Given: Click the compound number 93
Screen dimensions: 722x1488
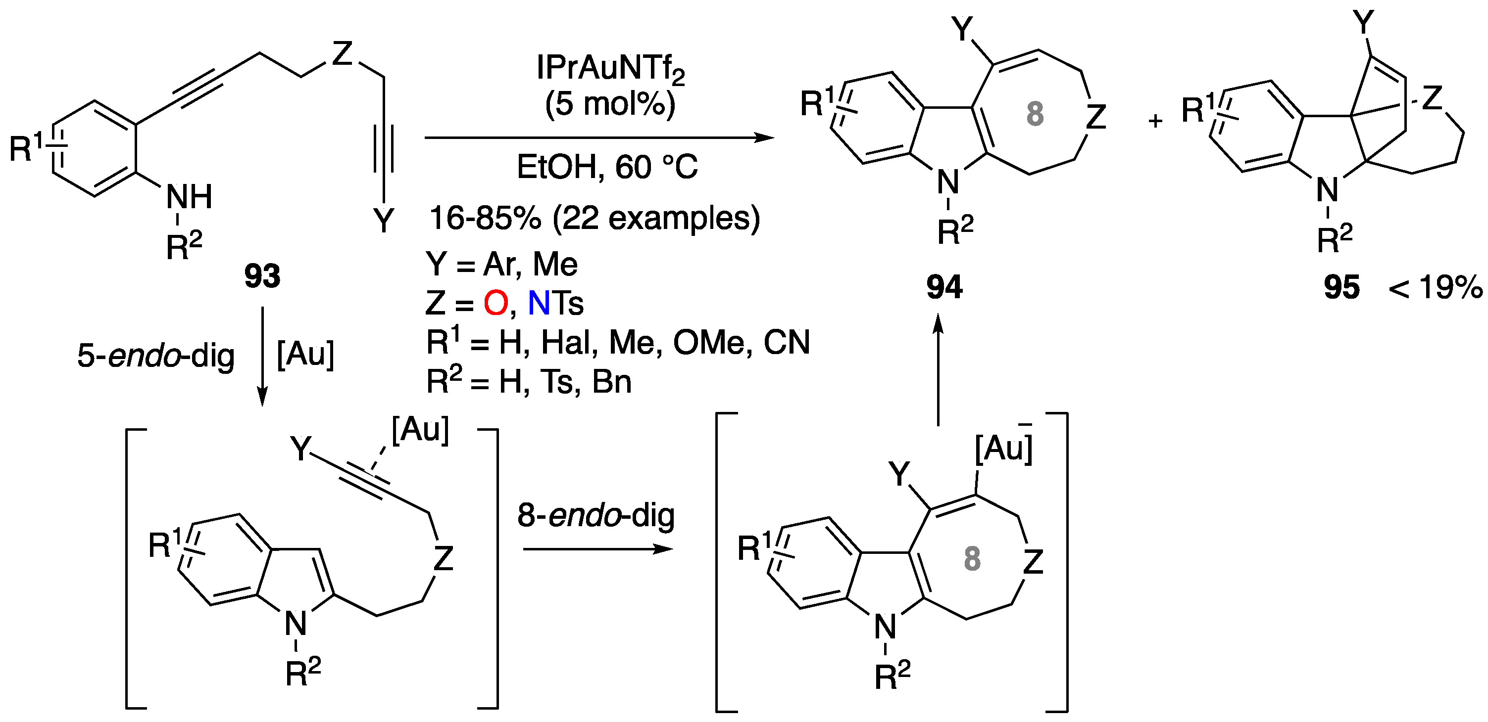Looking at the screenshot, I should click(262, 276).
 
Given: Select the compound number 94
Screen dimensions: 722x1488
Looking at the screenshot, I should click(944, 287).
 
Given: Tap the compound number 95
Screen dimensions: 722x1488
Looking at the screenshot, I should click(1341, 287).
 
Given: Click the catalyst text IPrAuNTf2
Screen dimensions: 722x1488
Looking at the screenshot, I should click(610, 69).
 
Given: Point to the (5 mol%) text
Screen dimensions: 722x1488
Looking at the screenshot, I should click(610, 104).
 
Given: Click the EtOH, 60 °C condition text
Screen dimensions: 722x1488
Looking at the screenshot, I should click(607, 167).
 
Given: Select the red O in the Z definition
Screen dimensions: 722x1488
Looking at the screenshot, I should click(496, 303).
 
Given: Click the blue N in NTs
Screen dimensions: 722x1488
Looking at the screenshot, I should click(539, 303).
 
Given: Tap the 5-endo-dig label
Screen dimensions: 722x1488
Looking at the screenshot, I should click(156, 356).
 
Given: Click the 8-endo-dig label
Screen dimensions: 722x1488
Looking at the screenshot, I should click(595, 515).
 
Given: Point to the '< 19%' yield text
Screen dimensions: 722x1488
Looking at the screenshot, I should click(1435, 287).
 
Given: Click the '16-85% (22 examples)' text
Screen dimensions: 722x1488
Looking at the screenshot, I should click(595, 218).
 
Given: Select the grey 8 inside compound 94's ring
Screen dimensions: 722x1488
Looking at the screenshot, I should click(1035, 114).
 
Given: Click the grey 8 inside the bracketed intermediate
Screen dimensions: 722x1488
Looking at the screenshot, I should click(972, 559).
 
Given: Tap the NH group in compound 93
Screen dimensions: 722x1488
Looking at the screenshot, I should click(189, 197).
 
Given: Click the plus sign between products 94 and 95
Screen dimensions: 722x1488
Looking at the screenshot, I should click(1155, 121).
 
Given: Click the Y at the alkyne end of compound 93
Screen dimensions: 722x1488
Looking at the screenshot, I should click(383, 220).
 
